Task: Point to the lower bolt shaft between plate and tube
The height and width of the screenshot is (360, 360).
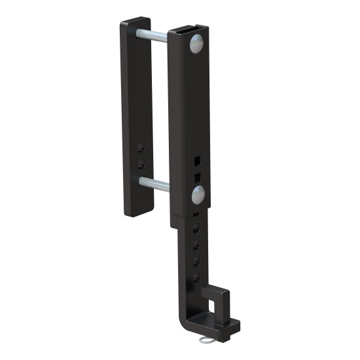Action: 160,185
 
